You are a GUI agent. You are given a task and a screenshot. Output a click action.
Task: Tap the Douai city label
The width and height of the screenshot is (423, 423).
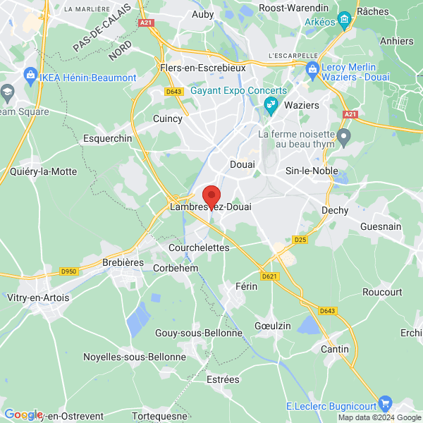(243, 164)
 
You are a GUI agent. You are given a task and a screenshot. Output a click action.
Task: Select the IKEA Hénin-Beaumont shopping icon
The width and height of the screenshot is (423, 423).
(30, 74)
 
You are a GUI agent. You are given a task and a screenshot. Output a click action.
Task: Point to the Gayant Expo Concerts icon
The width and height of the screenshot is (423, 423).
(270, 105)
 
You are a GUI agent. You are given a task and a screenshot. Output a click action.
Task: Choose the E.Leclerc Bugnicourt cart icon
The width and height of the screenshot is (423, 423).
(385, 403)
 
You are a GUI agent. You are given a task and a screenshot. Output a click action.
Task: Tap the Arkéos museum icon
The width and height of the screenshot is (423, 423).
(344, 18)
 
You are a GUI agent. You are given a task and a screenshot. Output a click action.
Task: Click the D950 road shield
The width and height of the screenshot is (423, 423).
(68, 271)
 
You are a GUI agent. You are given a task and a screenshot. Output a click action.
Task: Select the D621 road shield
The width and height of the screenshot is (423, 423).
(269, 276)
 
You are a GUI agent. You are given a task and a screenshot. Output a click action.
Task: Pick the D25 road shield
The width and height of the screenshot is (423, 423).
(301, 240)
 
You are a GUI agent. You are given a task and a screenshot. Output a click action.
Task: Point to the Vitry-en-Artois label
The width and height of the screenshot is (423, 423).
(38, 298)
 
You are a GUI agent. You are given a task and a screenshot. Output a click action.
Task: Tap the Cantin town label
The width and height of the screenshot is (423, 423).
(334, 349)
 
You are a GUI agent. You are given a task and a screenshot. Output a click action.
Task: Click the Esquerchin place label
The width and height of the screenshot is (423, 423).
(108, 139)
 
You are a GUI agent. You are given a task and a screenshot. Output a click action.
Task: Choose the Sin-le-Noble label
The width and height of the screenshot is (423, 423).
(311, 171)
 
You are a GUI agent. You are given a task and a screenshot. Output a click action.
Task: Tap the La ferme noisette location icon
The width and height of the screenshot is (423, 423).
(344, 135)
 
